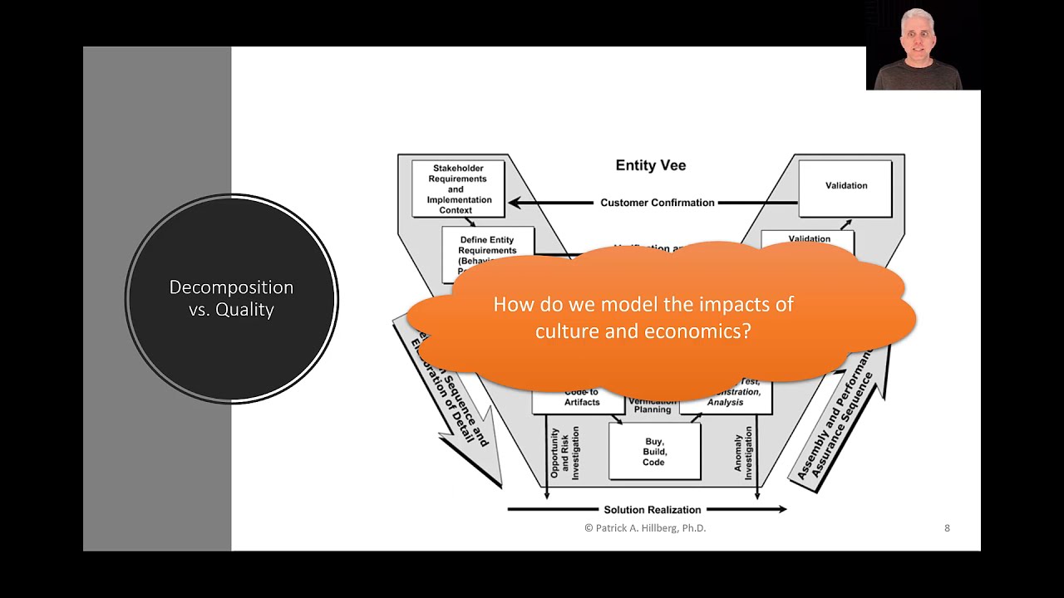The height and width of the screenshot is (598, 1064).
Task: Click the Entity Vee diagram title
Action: (650, 165)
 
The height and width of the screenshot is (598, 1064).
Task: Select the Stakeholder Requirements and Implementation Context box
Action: (459, 189)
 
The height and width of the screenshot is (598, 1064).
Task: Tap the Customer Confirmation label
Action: (657, 203)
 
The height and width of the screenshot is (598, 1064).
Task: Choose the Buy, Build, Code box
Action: (654, 452)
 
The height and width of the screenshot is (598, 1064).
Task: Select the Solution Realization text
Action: (652, 509)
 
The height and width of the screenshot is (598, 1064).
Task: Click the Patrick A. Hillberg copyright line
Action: (645, 528)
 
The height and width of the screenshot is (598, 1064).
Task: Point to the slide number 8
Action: (947, 528)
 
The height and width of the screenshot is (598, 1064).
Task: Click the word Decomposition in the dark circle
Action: (231, 287)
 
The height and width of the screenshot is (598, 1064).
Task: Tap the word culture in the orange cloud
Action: (564, 331)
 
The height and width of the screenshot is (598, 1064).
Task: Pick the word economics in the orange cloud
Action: (697, 331)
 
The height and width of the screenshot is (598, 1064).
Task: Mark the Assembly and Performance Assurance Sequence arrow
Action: (835, 424)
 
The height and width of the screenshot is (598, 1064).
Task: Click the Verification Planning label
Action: (653, 405)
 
